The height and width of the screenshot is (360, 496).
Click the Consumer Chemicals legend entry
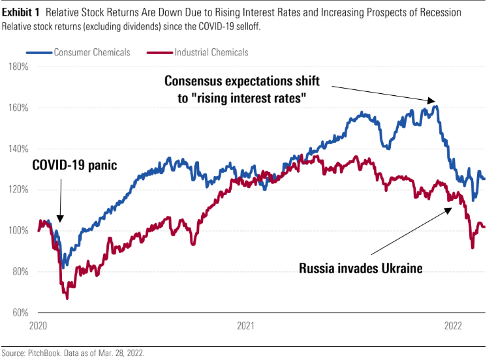point(91,52)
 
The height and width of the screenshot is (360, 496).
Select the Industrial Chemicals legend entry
point(211,52)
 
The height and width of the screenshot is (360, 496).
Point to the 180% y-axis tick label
point(18,67)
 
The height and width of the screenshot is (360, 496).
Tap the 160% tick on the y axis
point(18,108)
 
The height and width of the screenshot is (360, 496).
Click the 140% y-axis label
point(18,149)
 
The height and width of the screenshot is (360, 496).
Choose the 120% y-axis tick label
point(18,190)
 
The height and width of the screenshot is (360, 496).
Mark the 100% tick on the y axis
point(18,231)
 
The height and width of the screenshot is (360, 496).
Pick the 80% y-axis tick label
point(19,272)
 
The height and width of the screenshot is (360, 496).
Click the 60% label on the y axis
point(19,313)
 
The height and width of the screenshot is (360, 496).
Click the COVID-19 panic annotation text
point(74,166)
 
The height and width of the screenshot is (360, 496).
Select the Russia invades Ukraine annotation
point(360,267)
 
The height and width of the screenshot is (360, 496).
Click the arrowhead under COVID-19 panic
point(60,219)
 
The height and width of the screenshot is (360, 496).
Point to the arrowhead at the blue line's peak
point(431,101)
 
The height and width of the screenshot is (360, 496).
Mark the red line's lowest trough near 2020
point(67,298)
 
